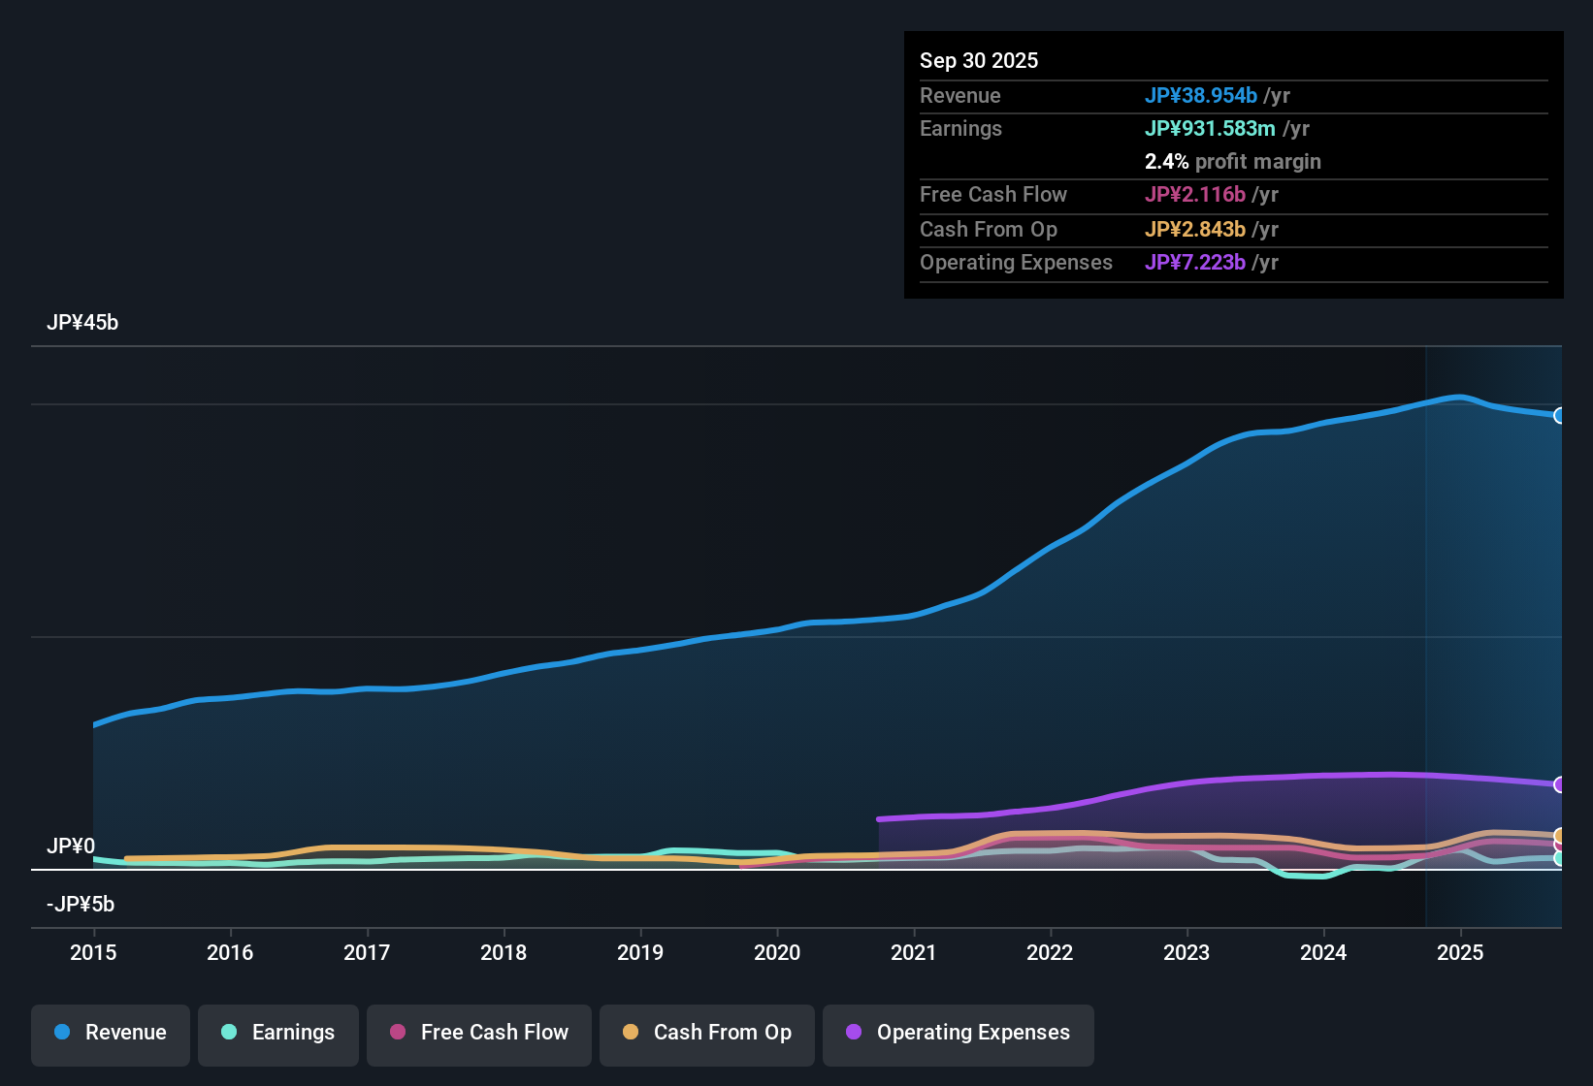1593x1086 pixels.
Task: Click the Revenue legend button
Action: point(111,1033)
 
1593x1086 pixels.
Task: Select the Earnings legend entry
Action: point(278,1033)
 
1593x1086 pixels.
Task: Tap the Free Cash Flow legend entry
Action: point(479,1033)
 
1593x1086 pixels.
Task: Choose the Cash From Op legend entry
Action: point(707,1033)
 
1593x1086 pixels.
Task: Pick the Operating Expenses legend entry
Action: point(959,1033)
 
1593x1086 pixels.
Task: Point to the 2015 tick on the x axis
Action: point(93,952)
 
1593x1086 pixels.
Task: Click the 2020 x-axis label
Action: point(777,952)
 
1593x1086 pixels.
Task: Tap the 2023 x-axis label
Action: point(1187,952)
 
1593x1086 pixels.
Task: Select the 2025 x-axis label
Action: point(1460,952)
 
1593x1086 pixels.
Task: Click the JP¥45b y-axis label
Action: point(82,323)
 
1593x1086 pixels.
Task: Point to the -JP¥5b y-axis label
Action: point(81,905)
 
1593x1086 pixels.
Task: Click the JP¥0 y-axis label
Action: point(71,846)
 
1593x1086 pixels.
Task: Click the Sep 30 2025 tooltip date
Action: point(979,60)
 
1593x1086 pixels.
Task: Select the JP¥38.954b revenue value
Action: point(1201,95)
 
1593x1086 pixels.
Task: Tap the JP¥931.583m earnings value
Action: point(1210,128)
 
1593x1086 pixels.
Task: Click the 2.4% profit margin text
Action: point(1232,161)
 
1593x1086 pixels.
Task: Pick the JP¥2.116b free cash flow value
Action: point(1194,194)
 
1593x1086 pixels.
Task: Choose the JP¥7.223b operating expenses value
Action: point(1194,262)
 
